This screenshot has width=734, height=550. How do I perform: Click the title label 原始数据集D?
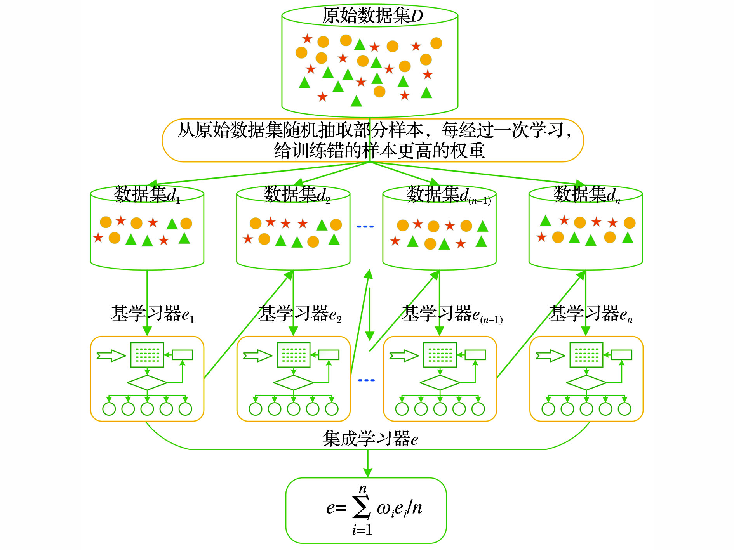click(372, 16)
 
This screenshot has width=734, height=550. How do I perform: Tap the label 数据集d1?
click(147, 194)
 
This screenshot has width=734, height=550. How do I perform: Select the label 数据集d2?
click(297, 194)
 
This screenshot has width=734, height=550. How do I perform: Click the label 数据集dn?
click(586, 194)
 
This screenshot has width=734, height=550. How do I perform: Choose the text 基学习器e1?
click(152, 314)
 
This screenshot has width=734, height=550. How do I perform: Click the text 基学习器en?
click(590, 314)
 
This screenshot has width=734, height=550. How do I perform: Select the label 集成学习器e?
click(370, 439)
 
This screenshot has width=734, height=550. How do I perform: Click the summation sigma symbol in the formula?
click(361, 507)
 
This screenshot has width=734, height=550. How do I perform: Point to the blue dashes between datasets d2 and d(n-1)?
click(365, 226)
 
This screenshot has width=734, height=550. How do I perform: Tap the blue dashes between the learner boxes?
click(366, 380)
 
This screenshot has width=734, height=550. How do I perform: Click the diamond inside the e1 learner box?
click(147, 383)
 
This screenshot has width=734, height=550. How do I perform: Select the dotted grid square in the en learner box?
click(586, 355)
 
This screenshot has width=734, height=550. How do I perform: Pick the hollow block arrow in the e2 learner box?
click(257, 356)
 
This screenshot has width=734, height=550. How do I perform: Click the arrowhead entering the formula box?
click(368, 473)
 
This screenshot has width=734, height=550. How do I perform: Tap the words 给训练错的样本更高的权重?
click(379, 151)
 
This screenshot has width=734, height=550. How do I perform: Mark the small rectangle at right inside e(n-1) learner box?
click(475, 355)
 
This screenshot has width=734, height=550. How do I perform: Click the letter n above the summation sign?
click(363, 489)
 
